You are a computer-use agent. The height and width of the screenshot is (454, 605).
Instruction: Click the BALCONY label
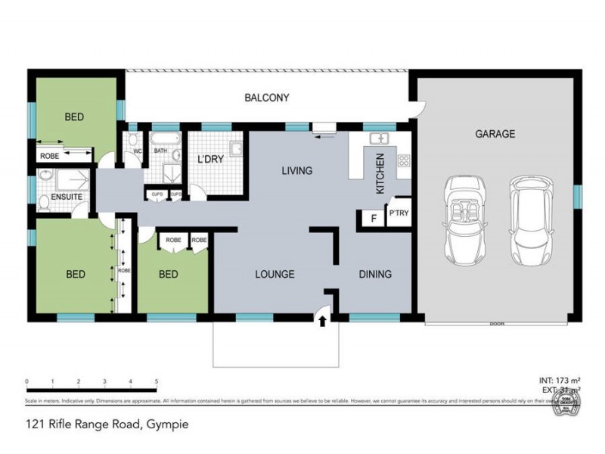[x=267, y=98]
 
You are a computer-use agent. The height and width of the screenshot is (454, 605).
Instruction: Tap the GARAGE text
[x=495, y=134]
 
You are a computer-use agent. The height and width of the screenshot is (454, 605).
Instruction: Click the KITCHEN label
[x=380, y=174]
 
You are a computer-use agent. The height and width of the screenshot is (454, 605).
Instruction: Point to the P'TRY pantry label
[x=399, y=213]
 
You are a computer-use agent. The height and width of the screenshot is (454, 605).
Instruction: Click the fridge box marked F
[x=372, y=219]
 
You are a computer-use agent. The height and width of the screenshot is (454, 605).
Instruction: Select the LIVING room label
[x=296, y=171]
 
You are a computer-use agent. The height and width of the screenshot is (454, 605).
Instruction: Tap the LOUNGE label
[x=274, y=274]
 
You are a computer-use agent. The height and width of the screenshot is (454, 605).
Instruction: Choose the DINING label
[x=374, y=274]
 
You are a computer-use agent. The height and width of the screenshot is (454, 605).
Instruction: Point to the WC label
[x=137, y=151]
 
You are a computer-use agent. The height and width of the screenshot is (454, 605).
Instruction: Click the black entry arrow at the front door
[x=323, y=321]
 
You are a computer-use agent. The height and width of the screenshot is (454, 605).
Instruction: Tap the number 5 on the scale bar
[x=157, y=381]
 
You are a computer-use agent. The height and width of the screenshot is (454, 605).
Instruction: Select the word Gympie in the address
[x=166, y=424]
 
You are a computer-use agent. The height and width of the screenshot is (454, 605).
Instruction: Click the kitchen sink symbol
[x=379, y=139]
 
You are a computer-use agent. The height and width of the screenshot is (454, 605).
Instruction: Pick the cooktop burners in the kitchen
[x=403, y=160]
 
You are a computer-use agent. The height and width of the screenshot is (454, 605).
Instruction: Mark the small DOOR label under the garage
[x=496, y=323]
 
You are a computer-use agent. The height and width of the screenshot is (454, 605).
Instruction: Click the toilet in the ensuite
[x=45, y=201]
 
